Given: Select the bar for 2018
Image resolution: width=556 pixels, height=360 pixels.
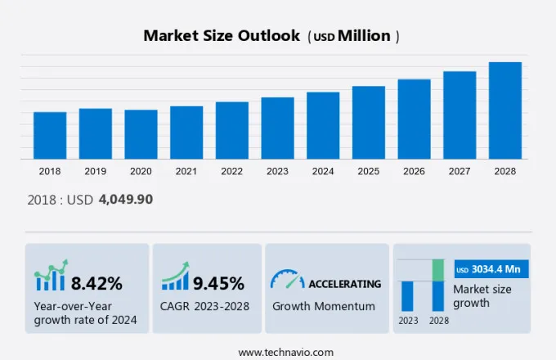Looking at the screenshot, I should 50,135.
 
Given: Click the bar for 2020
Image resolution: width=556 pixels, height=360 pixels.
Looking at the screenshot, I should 141,134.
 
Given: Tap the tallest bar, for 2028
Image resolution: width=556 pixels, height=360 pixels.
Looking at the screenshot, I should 505,110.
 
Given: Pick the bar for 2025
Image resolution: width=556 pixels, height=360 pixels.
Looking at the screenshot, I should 369,123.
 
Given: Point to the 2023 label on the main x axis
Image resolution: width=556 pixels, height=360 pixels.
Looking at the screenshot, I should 277,171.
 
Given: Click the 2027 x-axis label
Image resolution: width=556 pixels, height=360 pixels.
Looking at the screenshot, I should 460,171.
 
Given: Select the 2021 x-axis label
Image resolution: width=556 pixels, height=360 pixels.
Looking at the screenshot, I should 186,171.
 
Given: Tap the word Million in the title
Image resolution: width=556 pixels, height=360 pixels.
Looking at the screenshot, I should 364,36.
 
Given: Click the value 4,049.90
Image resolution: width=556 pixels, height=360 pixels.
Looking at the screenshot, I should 125,199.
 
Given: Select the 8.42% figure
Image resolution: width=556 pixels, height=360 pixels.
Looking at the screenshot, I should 96,284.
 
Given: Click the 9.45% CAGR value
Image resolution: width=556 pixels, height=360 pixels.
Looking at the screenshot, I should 218,284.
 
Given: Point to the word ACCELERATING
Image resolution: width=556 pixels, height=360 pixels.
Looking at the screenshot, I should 344,284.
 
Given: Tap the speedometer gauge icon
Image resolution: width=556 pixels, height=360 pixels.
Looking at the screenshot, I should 287,280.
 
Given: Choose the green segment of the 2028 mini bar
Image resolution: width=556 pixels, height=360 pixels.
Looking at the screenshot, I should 438,270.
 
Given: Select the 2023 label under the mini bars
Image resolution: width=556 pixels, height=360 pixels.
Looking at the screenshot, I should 407,320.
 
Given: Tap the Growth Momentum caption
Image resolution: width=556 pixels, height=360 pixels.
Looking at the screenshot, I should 324,306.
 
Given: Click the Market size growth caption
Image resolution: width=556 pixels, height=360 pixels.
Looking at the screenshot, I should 482,296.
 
